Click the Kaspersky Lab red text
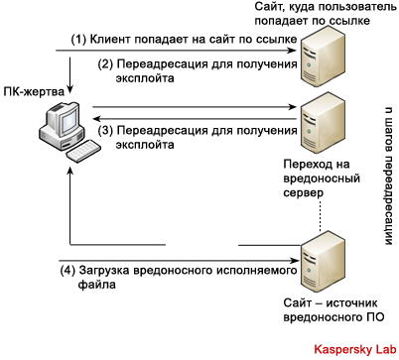354,349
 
